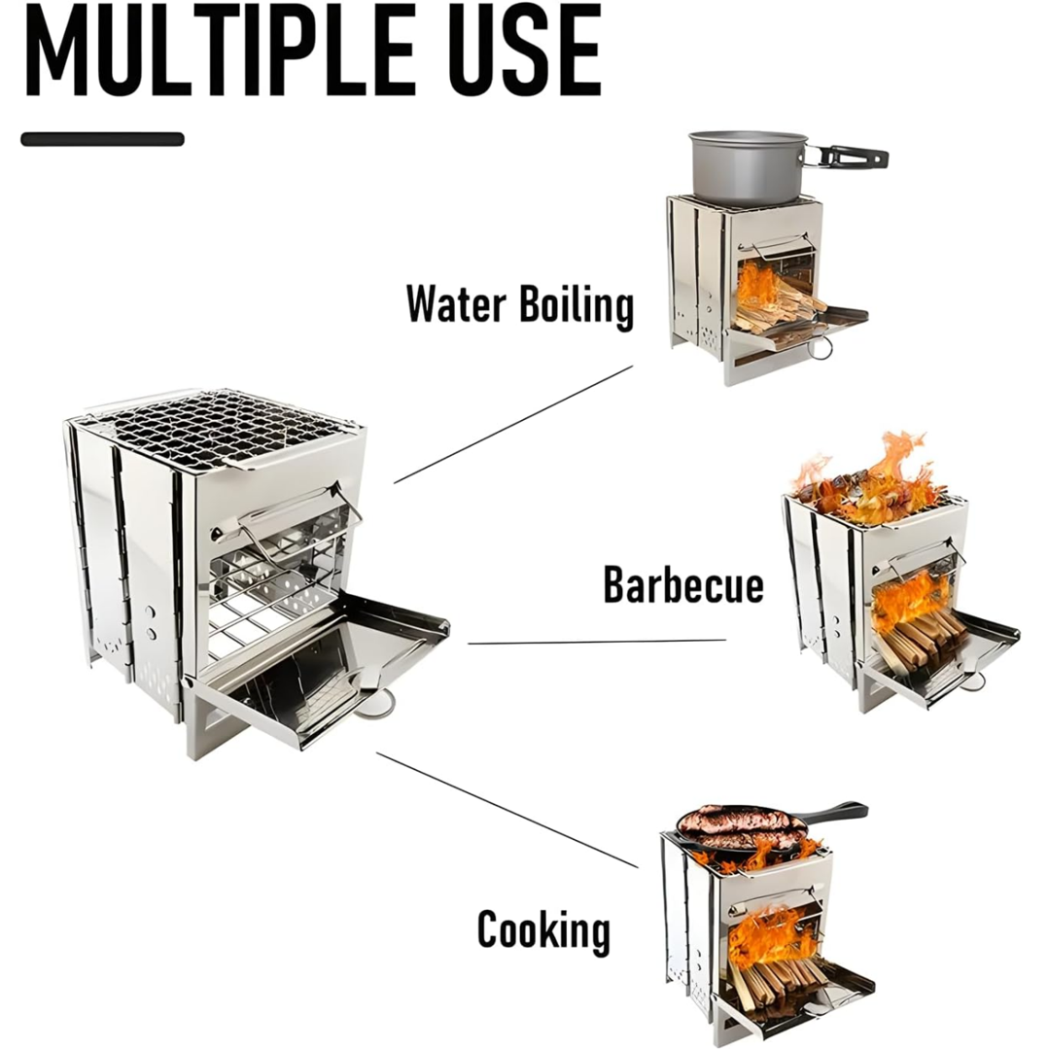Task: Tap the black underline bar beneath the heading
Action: coord(102,139)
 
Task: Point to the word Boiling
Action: coord(577,306)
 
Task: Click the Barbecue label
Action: coord(683,584)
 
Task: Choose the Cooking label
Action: coord(543,930)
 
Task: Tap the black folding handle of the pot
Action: coord(846,157)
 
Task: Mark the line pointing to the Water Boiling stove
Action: coord(513,424)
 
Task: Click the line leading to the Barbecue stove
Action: coord(597,642)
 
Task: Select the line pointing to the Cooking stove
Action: coord(507,810)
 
